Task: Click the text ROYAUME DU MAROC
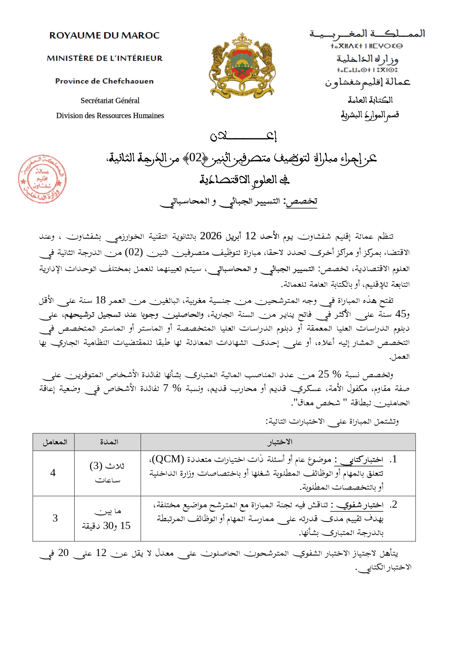(x=104, y=36)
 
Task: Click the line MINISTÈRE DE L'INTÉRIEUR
(x=105, y=58)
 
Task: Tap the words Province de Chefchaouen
(x=104, y=81)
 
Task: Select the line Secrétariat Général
(x=110, y=100)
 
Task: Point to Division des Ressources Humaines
(x=110, y=115)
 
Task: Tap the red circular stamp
(x=42, y=179)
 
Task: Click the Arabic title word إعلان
(x=243, y=136)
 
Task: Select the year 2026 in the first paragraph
(x=211, y=236)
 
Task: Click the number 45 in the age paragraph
(x=401, y=314)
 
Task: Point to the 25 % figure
(x=330, y=374)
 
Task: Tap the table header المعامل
(x=55, y=442)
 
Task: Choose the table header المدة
(x=109, y=442)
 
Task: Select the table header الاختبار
(x=280, y=442)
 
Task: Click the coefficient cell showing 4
(x=53, y=473)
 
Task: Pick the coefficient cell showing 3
(x=55, y=518)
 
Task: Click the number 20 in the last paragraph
(x=63, y=553)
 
